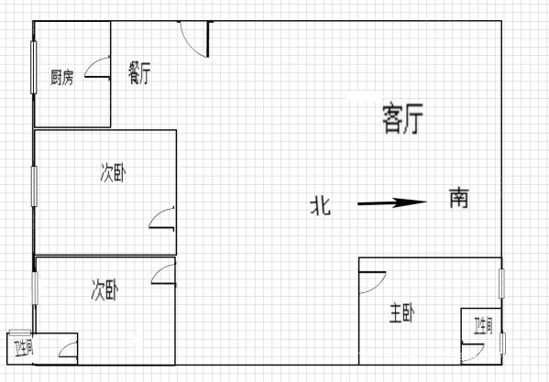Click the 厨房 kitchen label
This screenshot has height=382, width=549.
62,78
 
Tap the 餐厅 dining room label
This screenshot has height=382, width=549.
139,72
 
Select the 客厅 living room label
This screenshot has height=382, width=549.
402,118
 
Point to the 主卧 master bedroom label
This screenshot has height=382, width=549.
402,313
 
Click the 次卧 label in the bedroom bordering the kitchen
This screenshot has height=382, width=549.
113,173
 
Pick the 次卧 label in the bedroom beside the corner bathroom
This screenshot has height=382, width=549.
104,290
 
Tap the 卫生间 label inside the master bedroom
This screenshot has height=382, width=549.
484,325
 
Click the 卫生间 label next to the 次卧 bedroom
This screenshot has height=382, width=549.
24,348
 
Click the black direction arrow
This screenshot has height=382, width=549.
391,202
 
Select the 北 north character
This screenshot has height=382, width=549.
321,206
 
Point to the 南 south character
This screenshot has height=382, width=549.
458,198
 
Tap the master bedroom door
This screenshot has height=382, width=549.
372,283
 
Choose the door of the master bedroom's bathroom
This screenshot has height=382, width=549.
472,353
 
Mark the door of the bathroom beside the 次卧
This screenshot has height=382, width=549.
68,350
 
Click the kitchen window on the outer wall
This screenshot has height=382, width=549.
34,68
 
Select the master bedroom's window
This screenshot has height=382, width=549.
501,283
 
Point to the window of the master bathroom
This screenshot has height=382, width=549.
502,344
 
